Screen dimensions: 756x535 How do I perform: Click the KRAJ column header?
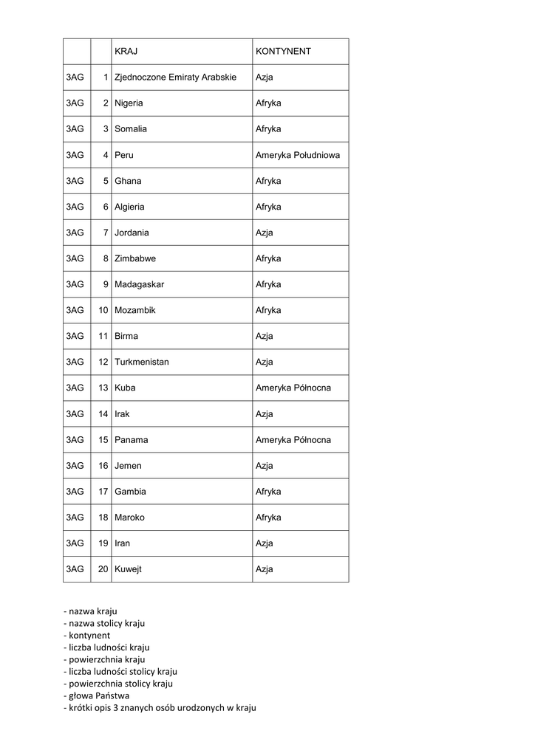click(x=126, y=52)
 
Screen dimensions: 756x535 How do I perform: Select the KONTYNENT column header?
click(x=283, y=52)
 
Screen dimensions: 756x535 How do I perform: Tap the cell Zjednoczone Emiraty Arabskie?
click(x=175, y=78)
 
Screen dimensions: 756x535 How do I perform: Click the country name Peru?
click(x=124, y=155)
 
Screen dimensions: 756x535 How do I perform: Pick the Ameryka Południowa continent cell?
click(x=298, y=155)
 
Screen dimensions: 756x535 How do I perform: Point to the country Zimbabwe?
click(x=135, y=258)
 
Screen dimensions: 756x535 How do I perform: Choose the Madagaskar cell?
click(x=140, y=284)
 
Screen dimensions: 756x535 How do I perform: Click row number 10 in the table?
click(x=103, y=310)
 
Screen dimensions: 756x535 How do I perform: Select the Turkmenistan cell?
click(x=142, y=362)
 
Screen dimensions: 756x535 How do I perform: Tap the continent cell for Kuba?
click(x=293, y=388)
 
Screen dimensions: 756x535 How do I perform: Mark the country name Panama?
click(x=132, y=439)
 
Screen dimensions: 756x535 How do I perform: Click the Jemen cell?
click(x=128, y=466)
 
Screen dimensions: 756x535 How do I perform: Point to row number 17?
click(x=103, y=492)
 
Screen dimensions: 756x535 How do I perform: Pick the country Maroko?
click(x=130, y=518)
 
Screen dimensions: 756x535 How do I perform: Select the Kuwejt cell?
click(x=128, y=569)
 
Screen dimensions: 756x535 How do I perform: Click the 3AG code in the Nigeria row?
click(x=75, y=103)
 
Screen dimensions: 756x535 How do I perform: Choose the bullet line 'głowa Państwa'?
click(x=97, y=695)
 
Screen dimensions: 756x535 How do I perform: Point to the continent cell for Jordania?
click(x=265, y=233)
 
